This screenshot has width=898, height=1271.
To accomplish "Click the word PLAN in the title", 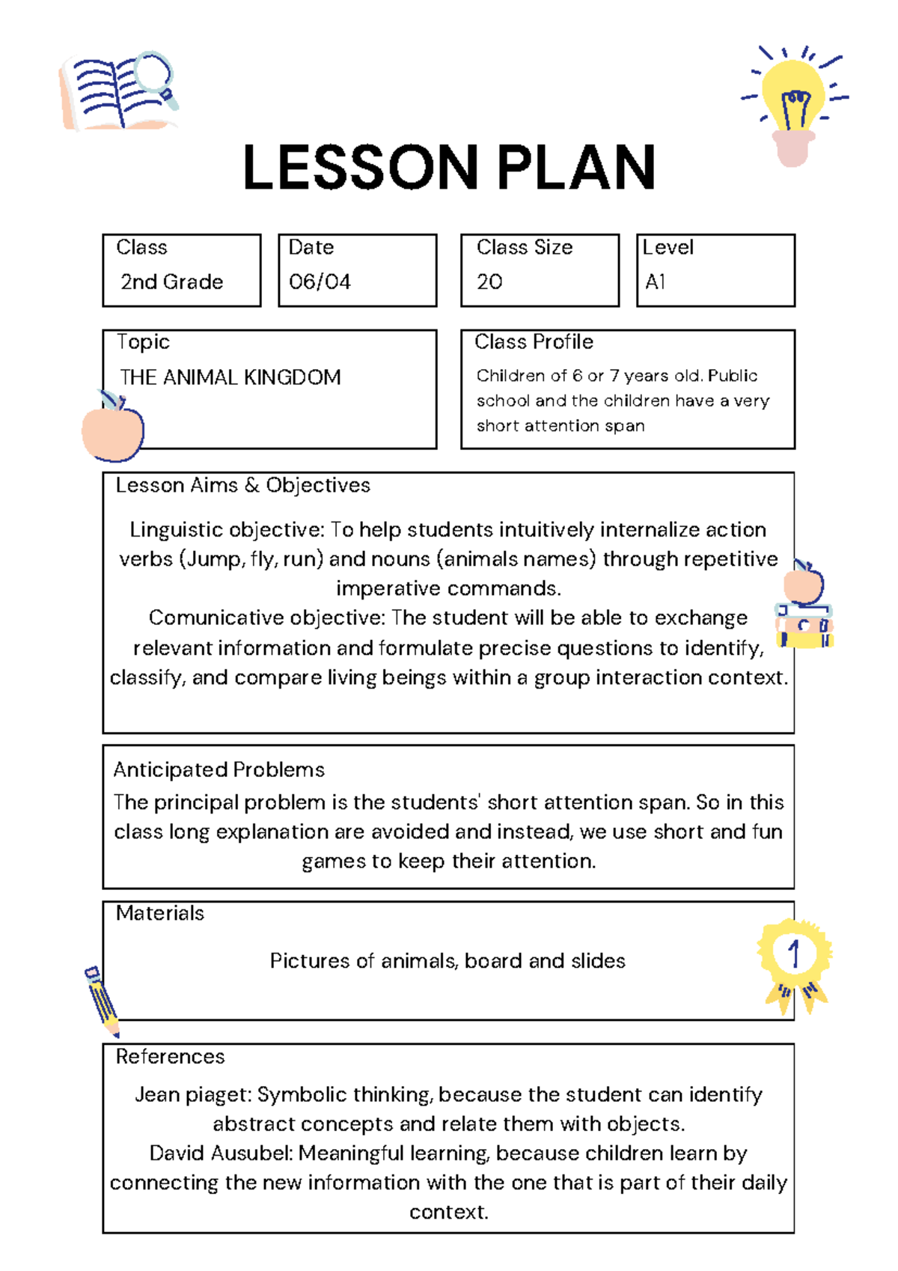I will [576, 168].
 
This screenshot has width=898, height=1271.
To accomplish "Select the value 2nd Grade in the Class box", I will [172, 282].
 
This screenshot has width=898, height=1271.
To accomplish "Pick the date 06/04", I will [320, 282].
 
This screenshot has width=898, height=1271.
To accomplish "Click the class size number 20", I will [489, 282].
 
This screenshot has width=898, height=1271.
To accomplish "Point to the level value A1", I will [655, 282].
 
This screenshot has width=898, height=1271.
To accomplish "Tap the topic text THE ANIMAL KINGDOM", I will [230, 377].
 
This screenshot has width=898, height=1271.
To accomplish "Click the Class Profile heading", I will [534, 342].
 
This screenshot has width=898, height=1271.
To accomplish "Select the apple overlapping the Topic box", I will [112, 430].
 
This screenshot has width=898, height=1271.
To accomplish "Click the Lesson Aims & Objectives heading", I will [242, 485].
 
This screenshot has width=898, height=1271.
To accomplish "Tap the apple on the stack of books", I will [804, 583].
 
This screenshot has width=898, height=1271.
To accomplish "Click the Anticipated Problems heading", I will [219, 769].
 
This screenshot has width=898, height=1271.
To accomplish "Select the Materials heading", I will [159, 913].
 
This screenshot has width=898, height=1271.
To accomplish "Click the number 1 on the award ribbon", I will [794, 954].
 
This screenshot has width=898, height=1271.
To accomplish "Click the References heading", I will [170, 1056].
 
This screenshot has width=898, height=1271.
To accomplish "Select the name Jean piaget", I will [192, 1095].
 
